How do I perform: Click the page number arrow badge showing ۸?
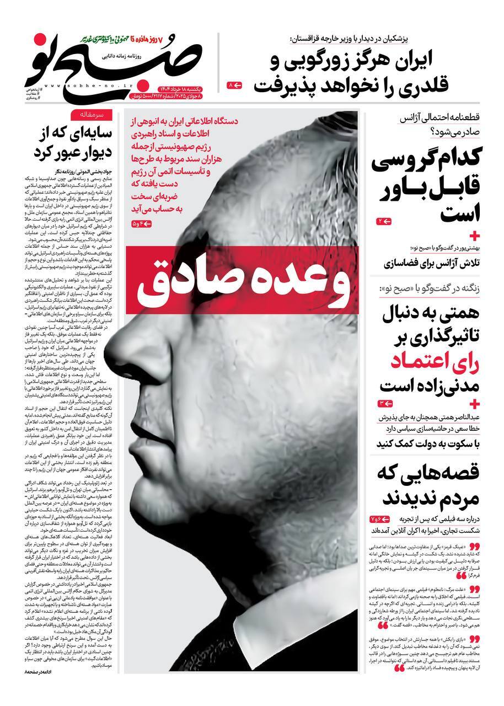click(235, 85)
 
